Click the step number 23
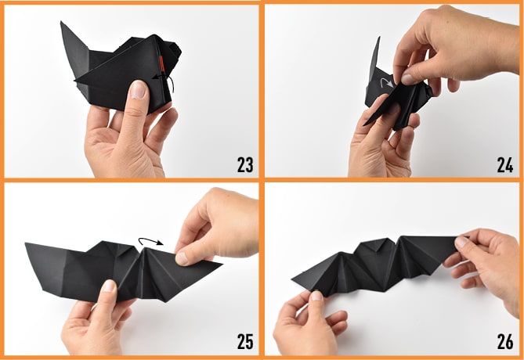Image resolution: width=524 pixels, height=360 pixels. pos(245,164)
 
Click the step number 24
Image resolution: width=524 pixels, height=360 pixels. pos(505,164)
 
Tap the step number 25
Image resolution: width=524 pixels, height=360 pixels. pos(245,341)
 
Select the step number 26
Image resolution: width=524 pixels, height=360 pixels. pos(505,341)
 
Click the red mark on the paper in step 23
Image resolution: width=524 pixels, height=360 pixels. pos(162,63)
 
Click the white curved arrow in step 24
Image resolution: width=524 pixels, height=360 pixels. pos(387,83)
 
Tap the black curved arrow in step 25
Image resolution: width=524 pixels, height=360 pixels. pos(151,241)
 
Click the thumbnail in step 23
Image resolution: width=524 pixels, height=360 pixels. pos(139,89)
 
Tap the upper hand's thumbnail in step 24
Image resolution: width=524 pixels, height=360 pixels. pos(407,79)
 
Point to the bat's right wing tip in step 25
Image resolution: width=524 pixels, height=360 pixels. pos(221,263)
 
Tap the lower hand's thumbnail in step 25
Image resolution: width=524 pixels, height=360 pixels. pos(110,286)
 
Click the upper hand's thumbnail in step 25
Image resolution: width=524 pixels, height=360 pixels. pos(182,258)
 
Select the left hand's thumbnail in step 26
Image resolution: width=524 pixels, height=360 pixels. pos(316,296)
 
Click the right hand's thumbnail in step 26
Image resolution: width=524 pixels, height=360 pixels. pos(461,242)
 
